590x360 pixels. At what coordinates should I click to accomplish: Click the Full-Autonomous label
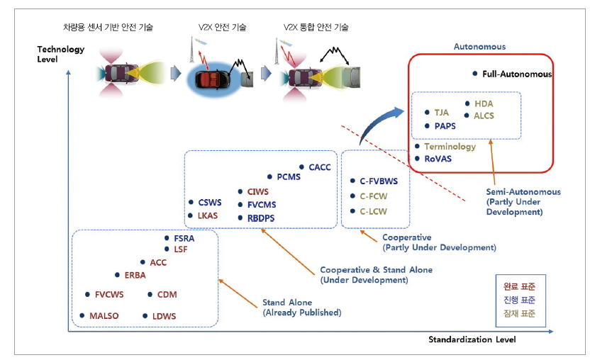516,74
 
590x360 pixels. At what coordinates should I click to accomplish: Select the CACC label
320,167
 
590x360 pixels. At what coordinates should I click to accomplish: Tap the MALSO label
104,315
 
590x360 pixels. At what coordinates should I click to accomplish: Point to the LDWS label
165,315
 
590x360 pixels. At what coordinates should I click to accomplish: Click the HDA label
484,103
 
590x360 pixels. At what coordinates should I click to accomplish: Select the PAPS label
445,125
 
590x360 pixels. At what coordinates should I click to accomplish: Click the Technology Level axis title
60,54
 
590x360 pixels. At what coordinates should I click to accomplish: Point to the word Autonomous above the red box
479,47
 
